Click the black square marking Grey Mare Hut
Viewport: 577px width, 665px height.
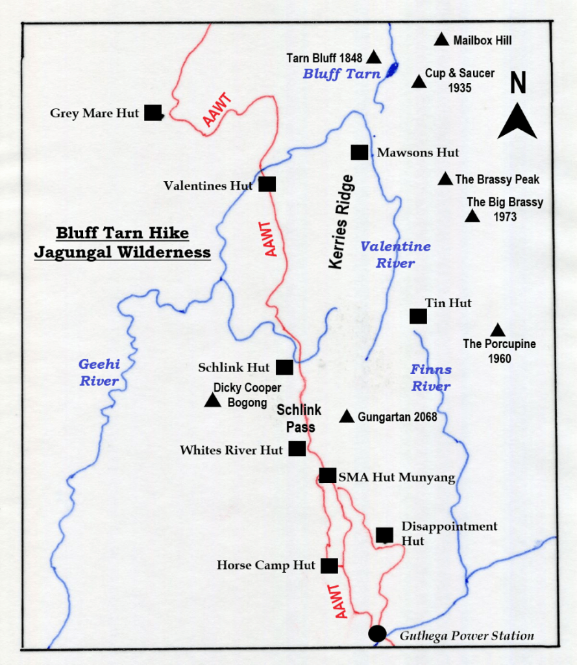153,113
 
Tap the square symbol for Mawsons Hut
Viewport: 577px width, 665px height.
359,152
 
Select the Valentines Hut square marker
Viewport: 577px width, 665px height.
267,184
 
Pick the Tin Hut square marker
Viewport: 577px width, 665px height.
418,316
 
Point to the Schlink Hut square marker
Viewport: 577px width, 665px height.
284,367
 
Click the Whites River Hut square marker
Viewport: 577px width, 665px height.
297,448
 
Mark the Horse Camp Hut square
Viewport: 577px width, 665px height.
329,566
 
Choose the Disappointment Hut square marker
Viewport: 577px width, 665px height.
384,535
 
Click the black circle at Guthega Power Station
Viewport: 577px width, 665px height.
377,633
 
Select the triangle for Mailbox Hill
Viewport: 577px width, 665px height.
441,40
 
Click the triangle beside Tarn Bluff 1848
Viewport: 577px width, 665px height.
373,57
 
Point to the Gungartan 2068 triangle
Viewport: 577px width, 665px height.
347,416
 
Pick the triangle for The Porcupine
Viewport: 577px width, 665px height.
498,331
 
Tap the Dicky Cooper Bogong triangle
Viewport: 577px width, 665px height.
212,401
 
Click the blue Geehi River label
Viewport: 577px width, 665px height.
99,373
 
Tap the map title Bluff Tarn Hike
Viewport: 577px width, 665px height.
122,233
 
